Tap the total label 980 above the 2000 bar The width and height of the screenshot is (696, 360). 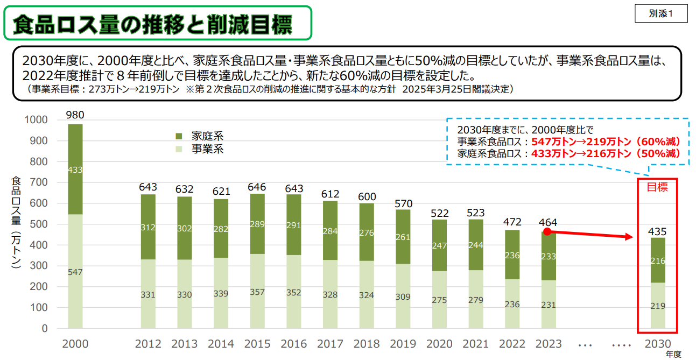tap(75, 115)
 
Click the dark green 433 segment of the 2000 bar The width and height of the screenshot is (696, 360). tap(75, 170)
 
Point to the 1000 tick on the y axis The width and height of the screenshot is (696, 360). tap(36, 119)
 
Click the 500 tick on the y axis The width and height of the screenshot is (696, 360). tap(39, 224)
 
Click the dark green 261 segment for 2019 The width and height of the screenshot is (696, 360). tap(403, 237)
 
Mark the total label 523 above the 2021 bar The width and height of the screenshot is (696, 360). tap(475, 212)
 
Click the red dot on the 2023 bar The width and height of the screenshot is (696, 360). tap(546, 231)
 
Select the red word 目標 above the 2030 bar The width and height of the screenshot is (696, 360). tap(657, 187)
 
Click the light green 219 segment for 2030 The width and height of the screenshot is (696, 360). tap(657, 306)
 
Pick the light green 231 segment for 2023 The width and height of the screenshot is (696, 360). tap(548, 304)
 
